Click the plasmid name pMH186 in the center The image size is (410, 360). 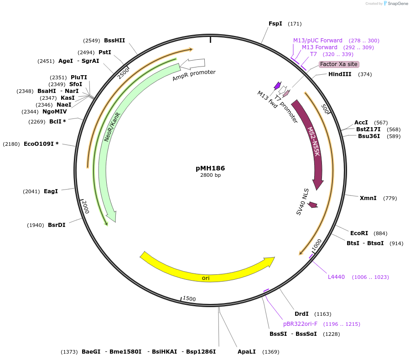tap(210, 168)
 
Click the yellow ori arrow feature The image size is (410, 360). tap(205, 273)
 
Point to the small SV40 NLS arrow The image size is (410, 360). tap(312, 205)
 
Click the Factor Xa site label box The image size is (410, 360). tap(339, 64)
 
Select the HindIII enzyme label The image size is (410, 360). tap(340, 74)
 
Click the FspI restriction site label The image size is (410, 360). tap(275, 24)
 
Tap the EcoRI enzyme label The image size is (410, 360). tap(359, 233)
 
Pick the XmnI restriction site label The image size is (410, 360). tap(368, 198)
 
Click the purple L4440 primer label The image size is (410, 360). tap(337, 277)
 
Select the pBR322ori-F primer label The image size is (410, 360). tap(300, 324)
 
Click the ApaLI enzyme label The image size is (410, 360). tap(246, 352)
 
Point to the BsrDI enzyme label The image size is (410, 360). tap(57, 225)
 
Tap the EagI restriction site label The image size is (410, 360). tap(51, 191)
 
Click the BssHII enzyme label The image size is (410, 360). tap(114, 40)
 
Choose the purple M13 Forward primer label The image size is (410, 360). tap(320, 47)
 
